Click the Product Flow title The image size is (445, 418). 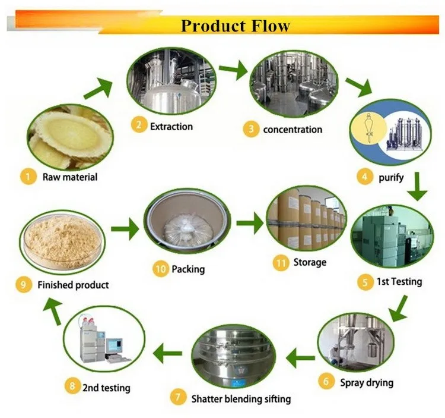(x=236, y=26)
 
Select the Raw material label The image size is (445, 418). (x=69, y=177)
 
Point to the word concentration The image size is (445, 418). (x=293, y=129)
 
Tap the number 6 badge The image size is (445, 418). (x=326, y=381)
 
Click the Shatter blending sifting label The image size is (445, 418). (x=241, y=398)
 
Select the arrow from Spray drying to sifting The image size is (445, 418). (x=301, y=357)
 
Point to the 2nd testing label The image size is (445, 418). (x=106, y=388)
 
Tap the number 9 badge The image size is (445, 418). (x=23, y=285)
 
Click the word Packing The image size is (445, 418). (x=188, y=269)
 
